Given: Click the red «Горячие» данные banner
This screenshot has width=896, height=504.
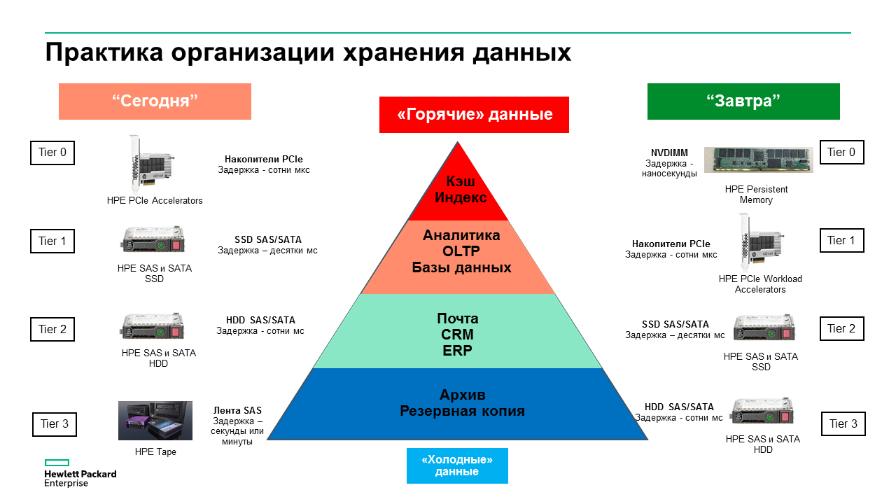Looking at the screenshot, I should pos(474,115).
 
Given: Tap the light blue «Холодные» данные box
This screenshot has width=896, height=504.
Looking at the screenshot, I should pos(457,465).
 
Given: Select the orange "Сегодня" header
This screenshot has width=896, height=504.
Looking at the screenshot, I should pos(155,101).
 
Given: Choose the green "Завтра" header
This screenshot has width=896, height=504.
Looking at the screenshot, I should pos(743,101).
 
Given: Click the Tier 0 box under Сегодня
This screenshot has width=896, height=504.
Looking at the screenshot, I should pos(52,153).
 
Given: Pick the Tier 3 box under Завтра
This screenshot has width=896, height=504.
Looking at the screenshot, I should pos(843,423).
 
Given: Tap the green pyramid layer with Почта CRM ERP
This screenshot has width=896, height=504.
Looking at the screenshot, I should pos(458,334).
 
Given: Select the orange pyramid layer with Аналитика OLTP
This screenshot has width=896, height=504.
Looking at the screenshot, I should pos(461,252).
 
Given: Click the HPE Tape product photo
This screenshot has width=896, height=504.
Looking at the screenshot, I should pos(155,421).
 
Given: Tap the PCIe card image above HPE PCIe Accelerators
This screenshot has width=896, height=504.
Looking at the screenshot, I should pos(148,164).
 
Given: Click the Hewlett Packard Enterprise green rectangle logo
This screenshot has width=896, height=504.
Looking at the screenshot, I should pos(57,463).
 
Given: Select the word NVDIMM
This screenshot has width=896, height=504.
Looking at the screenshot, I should pos(669,153).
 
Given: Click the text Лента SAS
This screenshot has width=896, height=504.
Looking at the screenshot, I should pos(237,411).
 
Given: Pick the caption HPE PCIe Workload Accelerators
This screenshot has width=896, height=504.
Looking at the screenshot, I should pos(760,283).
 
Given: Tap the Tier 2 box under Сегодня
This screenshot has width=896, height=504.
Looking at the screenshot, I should pos(52,329).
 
